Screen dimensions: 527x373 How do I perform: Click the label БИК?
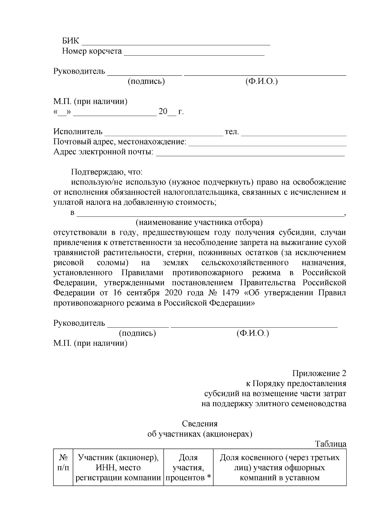pyautogui.click(x=71, y=41)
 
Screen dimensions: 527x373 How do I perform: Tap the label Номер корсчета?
pyautogui.click(x=92, y=51)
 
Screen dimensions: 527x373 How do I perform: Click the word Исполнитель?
pyautogui.click(x=78, y=132)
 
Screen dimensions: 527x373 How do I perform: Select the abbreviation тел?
pyautogui.click(x=232, y=132)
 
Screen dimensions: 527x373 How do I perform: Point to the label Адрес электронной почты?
pyautogui.click(x=104, y=152)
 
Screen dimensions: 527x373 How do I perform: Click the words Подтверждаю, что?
pyautogui.click(x=107, y=172)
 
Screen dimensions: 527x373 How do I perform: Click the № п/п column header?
pyautogui.click(x=63, y=463)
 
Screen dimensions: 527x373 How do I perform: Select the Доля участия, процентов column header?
pyautogui.click(x=188, y=467)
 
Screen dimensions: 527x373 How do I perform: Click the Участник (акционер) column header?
pyautogui.click(x=118, y=467)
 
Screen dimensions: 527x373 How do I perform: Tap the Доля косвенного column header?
pyautogui.click(x=279, y=467)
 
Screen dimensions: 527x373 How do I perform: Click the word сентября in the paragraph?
pyautogui.click(x=141, y=293)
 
